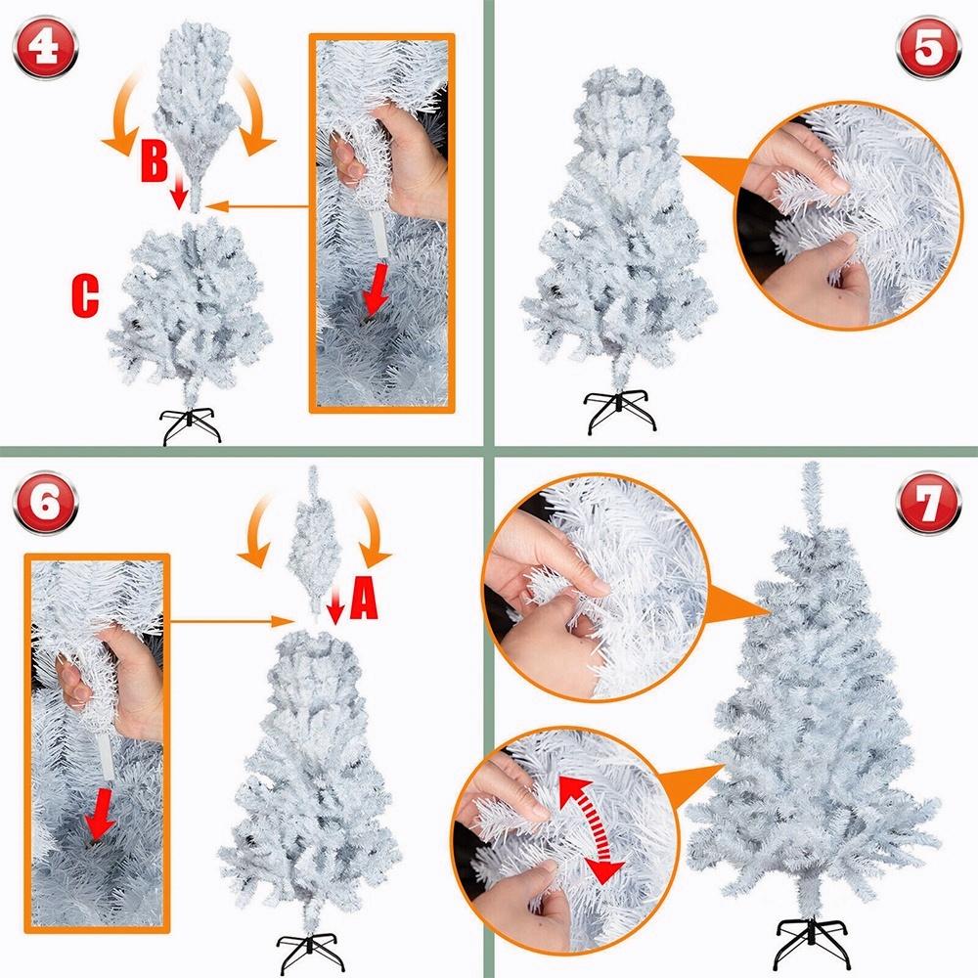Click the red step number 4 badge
click(x=45, y=48)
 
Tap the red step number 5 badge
click(x=929, y=47)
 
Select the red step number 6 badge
click(x=46, y=503)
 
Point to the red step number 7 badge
click(x=929, y=503)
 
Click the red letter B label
click(x=155, y=161)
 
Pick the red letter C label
click(x=85, y=295)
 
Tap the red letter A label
click(x=364, y=597)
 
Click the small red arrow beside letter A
click(x=335, y=608)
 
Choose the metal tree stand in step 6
click(x=310, y=953)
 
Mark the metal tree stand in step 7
click(x=814, y=942)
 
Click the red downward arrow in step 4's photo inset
click(x=376, y=289)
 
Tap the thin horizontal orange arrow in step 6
click(x=231, y=621)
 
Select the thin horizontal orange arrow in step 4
click(x=257, y=205)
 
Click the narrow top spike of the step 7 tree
click(x=811, y=497)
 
